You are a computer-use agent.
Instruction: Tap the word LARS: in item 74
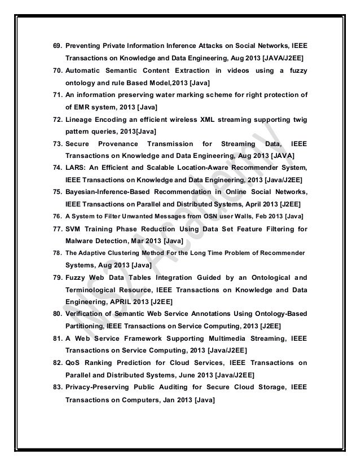[77, 169]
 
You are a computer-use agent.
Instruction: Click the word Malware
[81, 243]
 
